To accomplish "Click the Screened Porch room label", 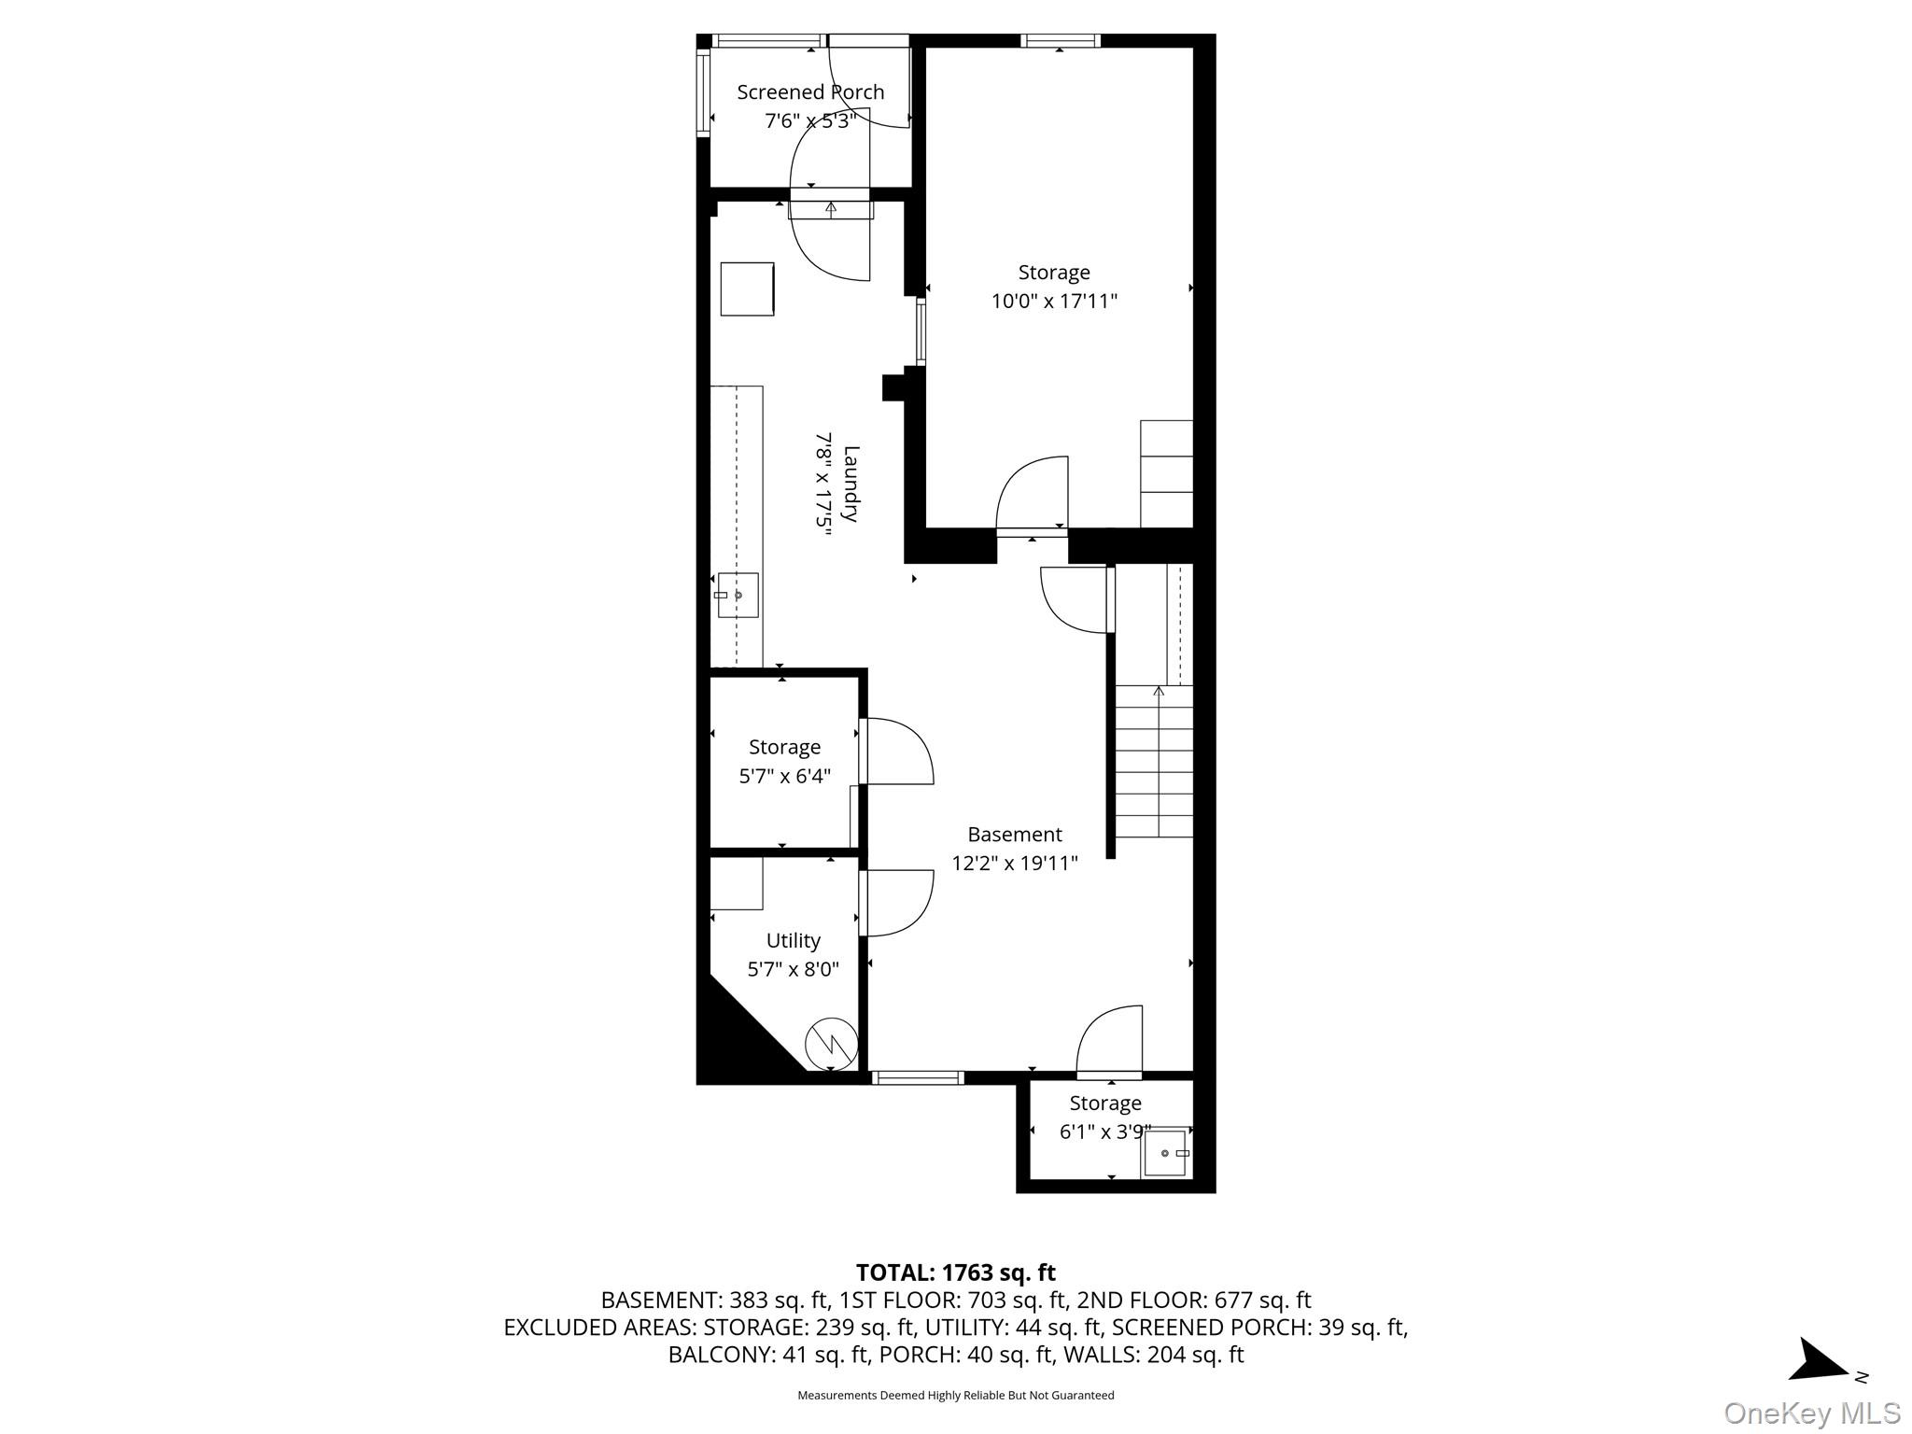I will pos(810,92).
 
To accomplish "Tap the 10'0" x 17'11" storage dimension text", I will pos(1054,302).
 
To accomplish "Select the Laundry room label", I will pos(851,484).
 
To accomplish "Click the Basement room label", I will pos(1014,835).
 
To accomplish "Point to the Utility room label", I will pos(793,940).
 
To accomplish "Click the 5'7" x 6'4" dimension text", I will pos(784,776).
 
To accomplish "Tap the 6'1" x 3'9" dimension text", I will pos(1104,1132).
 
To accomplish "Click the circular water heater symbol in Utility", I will pos(831,1042).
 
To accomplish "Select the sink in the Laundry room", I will pos(737,596).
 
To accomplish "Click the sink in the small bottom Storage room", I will pos(1166,1153).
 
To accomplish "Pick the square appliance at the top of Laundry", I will pos(747,288).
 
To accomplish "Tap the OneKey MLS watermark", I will pos(1811,1413).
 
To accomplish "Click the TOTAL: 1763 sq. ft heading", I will pos(955,1272).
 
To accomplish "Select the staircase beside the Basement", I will pos(1155,761).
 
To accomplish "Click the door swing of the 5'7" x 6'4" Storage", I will pos(896,752).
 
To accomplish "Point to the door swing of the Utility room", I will pos(896,903).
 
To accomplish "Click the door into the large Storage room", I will pos(1033,495).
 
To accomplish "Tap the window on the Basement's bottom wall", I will pos(918,1077).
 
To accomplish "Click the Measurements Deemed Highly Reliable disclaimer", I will pos(955,1396).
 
